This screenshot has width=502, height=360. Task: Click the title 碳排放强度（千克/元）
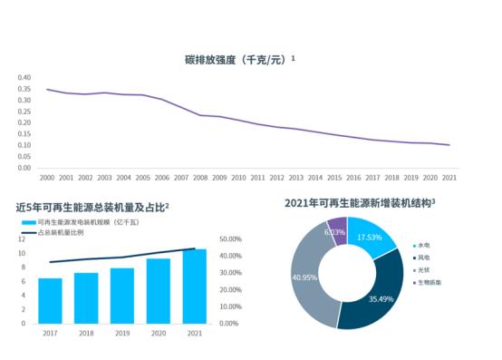pyautogui.click(x=238, y=59)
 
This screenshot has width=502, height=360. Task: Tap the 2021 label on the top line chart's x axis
pyautogui.click(x=449, y=178)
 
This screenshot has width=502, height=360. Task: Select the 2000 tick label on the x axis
pyautogui.click(x=47, y=178)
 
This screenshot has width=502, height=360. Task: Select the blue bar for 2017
pyautogui.click(x=50, y=300)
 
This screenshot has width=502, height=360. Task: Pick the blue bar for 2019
pyautogui.click(x=122, y=295)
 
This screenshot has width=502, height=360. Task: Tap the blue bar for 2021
pyautogui.click(x=194, y=286)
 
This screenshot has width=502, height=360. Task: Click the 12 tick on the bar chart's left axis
pyautogui.click(x=22, y=239)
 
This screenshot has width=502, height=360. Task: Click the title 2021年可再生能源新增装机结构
pyautogui.click(x=360, y=203)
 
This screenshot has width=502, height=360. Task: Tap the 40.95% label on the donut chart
pyautogui.click(x=304, y=277)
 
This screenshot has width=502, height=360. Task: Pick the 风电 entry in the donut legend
pyautogui.click(x=423, y=258)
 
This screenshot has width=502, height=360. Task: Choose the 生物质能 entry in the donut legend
pyautogui.click(x=427, y=282)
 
